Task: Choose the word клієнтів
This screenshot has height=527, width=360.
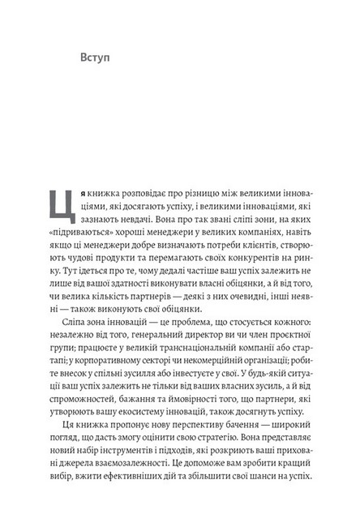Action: [252, 265]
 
